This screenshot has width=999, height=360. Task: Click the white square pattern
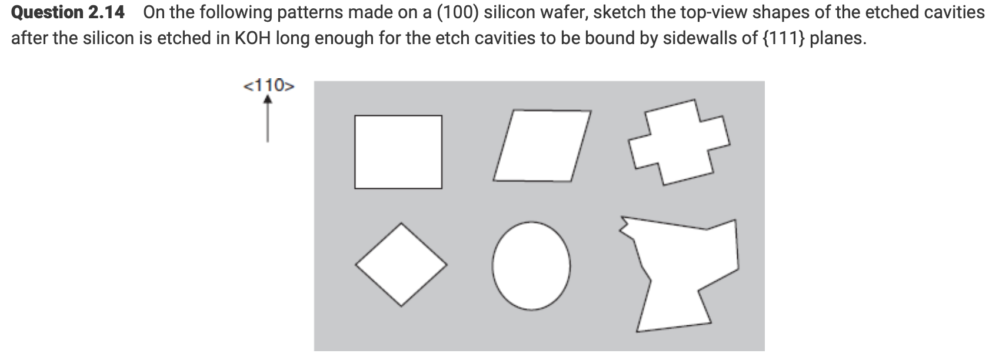(x=398, y=152)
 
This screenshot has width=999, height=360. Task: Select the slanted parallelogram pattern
(x=542, y=145)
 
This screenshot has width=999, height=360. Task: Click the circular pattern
(x=531, y=265)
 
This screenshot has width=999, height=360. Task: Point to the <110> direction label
(x=269, y=86)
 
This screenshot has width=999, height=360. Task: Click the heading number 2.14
(x=106, y=12)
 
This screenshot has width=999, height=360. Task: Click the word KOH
(x=252, y=39)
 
